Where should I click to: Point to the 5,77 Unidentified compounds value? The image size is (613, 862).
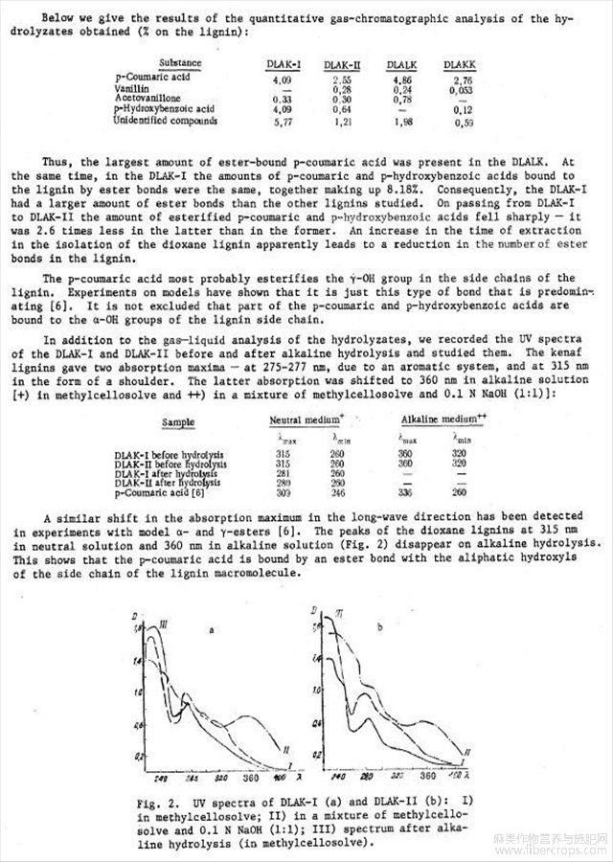pyautogui.click(x=284, y=122)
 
